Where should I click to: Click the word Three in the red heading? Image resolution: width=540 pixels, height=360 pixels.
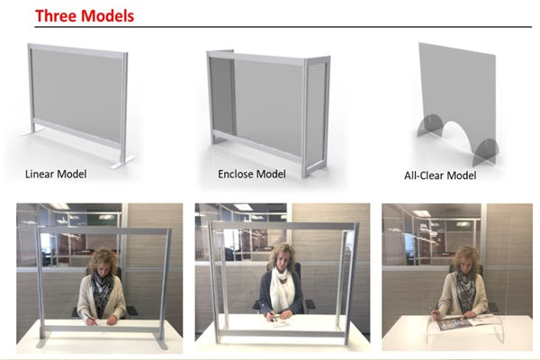57,16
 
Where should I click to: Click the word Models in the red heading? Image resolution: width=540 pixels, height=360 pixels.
109,16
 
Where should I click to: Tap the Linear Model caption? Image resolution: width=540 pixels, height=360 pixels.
56,174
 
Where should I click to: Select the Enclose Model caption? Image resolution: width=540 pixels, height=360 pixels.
252,174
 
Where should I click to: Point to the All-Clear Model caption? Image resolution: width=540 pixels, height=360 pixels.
440,175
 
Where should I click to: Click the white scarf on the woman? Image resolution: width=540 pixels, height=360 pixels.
281,290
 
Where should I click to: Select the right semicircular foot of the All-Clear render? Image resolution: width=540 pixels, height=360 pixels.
485,151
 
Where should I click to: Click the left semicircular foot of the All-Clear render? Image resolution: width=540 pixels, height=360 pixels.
429,125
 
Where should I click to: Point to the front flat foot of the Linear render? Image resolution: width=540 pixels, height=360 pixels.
122,163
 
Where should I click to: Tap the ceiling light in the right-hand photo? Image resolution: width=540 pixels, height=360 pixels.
421,213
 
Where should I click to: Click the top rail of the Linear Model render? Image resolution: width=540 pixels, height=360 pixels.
77,51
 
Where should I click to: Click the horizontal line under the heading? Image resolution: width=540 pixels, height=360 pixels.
283,26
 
